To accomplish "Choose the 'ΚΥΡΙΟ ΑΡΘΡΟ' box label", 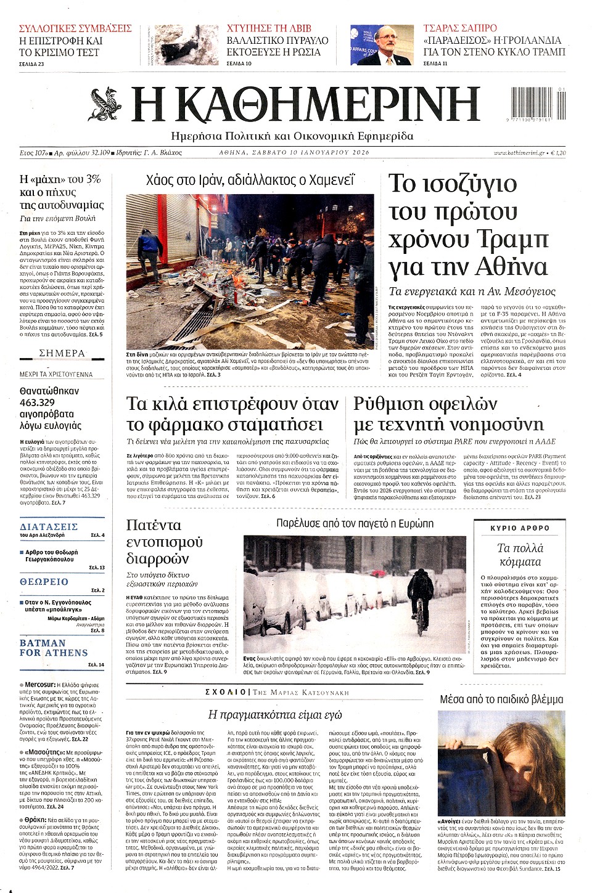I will pos(519,528).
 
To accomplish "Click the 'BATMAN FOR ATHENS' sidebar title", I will pos(54,648).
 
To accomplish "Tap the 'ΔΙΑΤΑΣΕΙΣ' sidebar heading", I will pos(49,526).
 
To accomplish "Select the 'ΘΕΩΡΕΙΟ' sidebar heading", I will pos(44,581).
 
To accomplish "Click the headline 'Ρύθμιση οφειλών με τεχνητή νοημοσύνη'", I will pos(448,414).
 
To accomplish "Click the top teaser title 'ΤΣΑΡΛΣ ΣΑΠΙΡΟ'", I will pos(460,28).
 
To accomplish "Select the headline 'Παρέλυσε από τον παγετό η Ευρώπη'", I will pos(355,523).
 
